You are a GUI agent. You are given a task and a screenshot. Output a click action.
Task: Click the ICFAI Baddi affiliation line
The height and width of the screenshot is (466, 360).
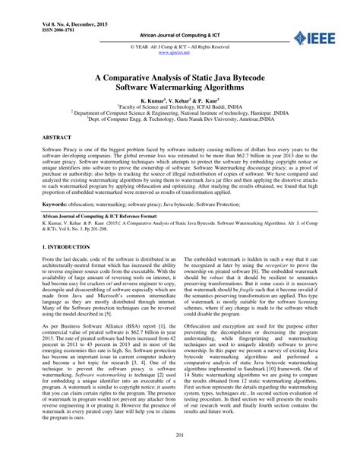(179, 108)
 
